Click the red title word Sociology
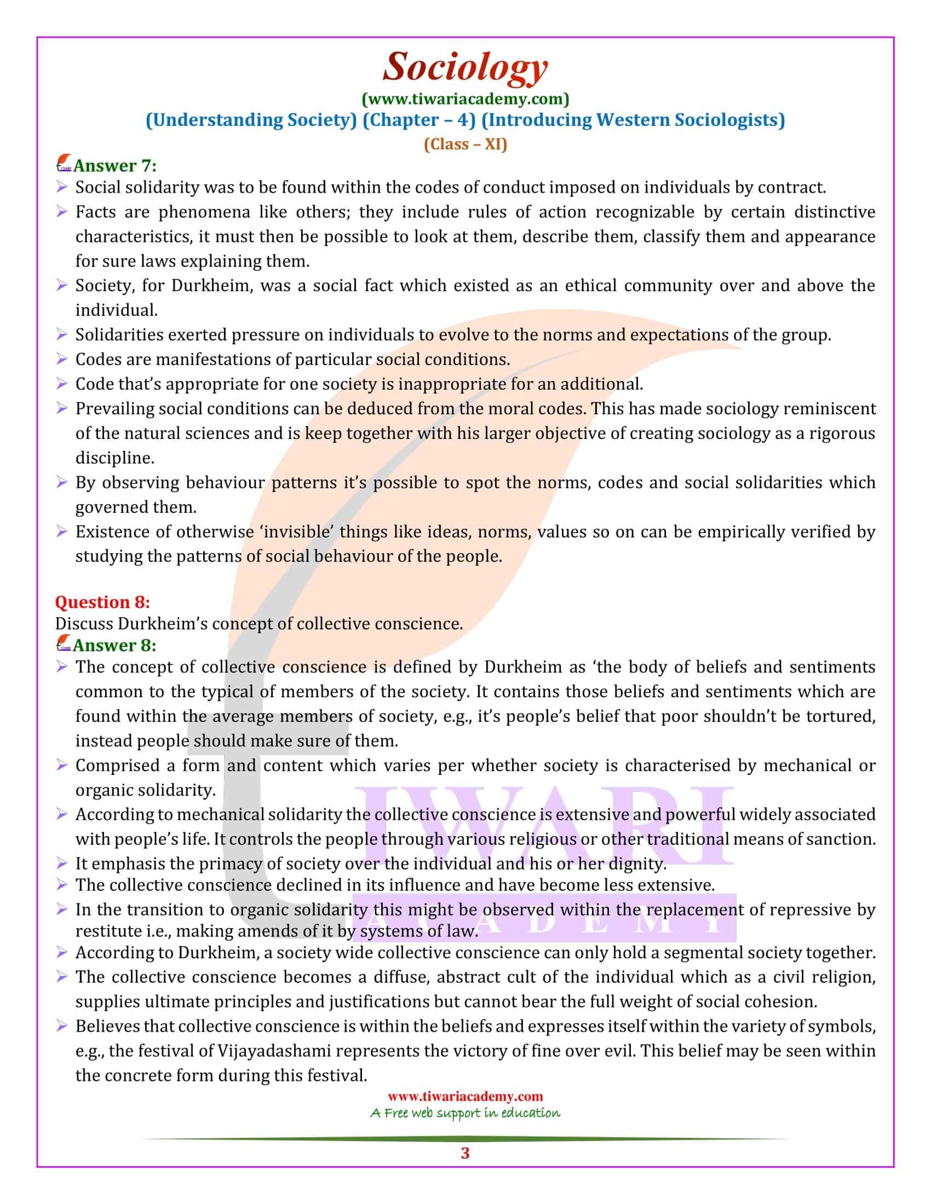(x=465, y=68)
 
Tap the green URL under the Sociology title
(x=465, y=99)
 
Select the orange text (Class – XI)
(x=465, y=144)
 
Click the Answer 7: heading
(x=114, y=165)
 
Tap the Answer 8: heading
(x=114, y=645)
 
